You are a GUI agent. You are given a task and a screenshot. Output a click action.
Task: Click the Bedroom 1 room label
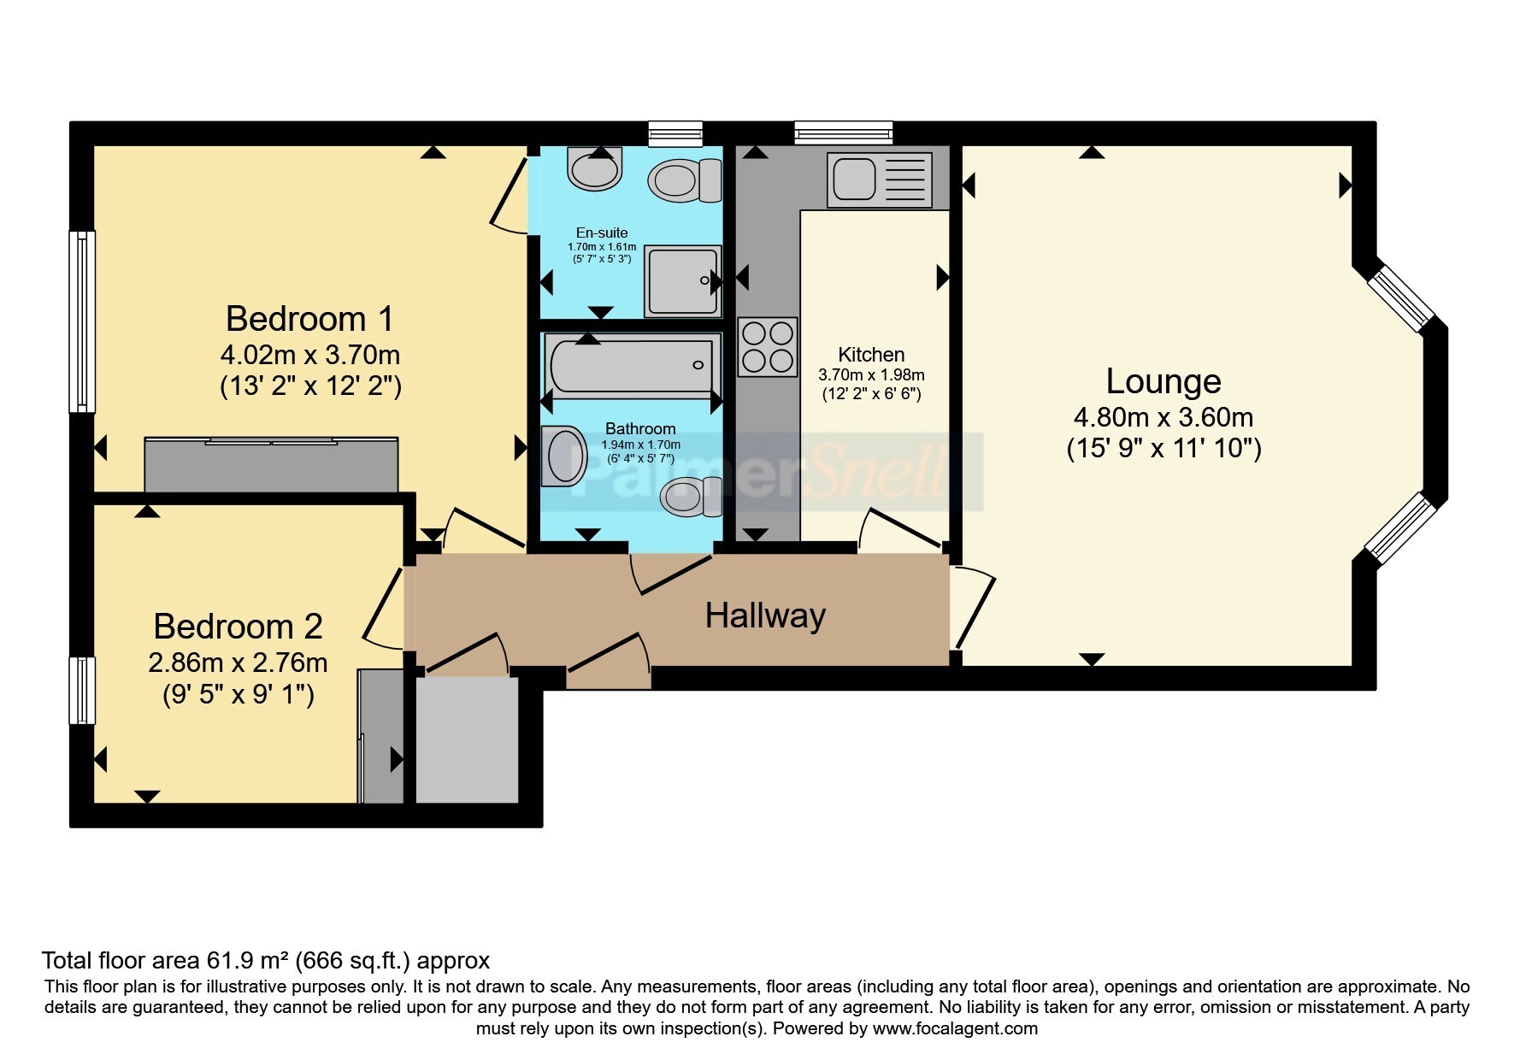click(309, 319)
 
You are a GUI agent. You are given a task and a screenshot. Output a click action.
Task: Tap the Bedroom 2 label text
click(238, 627)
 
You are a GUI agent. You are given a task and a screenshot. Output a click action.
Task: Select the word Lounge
click(1163, 381)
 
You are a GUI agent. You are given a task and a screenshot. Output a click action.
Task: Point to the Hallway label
click(765, 615)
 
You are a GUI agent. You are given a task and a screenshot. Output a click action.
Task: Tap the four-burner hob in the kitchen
click(767, 347)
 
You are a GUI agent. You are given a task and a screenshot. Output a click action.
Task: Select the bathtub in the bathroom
click(632, 365)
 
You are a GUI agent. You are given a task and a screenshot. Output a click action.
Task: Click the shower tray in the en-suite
click(682, 281)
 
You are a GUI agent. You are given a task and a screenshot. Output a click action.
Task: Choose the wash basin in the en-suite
click(594, 168)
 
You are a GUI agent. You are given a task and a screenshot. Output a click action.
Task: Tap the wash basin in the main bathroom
click(563, 456)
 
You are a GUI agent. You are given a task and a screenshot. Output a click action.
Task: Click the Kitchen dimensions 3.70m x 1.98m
click(871, 374)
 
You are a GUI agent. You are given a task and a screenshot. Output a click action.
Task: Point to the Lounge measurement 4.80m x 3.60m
click(1163, 417)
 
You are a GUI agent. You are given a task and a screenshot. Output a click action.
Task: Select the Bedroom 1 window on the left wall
click(82, 321)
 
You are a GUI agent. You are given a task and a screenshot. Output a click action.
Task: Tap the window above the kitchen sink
click(843, 132)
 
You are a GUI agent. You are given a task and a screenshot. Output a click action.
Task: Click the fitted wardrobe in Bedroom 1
click(271, 463)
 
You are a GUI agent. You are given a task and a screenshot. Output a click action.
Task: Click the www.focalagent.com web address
click(955, 1028)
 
